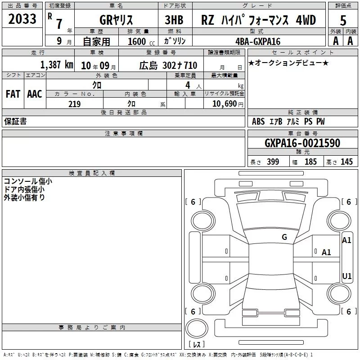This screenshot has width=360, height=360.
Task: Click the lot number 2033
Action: tap(22, 19)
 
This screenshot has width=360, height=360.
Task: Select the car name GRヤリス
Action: tap(116, 20)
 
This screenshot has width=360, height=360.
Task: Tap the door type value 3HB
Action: tap(174, 20)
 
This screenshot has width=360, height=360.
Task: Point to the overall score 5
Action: tap(343, 21)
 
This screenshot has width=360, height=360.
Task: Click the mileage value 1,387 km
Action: tap(57, 65)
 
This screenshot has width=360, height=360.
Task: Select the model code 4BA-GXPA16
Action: tap(258, 41)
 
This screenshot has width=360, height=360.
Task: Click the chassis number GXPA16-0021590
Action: tap(302, 143)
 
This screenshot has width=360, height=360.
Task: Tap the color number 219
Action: tap(75, 104)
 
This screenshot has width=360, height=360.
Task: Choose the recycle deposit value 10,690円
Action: tap(228, 104)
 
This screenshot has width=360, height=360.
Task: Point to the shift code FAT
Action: tap(13, 94)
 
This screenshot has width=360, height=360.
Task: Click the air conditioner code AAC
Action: tap(35, 94)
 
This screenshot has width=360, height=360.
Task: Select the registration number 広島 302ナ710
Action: tap(168, 66)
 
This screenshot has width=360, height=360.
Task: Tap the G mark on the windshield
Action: tap(284, 237)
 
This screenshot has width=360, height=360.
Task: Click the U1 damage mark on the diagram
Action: tap(346, 276)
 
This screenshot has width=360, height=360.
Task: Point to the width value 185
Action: tap(310, 162)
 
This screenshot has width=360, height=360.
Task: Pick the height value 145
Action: tap(346, 162)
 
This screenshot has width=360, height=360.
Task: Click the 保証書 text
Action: tap(15, 121)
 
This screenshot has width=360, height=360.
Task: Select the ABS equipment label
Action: tap(258, 121)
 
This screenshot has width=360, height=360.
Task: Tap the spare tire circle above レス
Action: tap(197, 319)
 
